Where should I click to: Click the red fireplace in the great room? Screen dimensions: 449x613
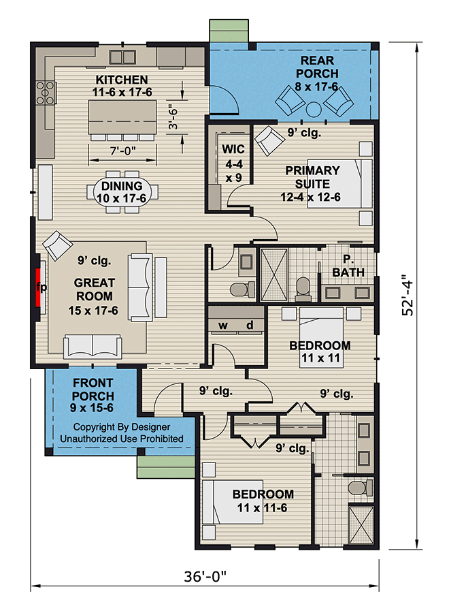(39, 287)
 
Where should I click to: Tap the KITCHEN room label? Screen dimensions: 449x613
(122, 80)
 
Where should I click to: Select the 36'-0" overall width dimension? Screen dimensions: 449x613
(205, 576)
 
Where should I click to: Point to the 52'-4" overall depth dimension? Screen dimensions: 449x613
(408, 294)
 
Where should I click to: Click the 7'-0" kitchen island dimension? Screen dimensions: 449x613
(122, 151)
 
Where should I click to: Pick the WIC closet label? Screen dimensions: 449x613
(233, 149)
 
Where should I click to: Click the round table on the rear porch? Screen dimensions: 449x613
(314, 109)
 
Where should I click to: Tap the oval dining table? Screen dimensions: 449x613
(122, 192)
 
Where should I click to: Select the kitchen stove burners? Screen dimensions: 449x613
(45, 93)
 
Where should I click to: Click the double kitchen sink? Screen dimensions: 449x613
(122, 57)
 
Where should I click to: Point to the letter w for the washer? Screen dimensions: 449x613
(223, 325)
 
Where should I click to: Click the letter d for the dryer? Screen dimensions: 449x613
(250, 324)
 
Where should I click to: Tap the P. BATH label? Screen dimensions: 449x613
(348, 266)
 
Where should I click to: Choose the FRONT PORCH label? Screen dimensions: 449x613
(93, 389)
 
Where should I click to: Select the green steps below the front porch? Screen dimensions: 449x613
(166, 467)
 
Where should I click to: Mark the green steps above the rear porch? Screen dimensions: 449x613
(229, 31)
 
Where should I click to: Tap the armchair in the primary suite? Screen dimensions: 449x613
(269, 140)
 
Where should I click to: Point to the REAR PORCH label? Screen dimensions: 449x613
(317, 67)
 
